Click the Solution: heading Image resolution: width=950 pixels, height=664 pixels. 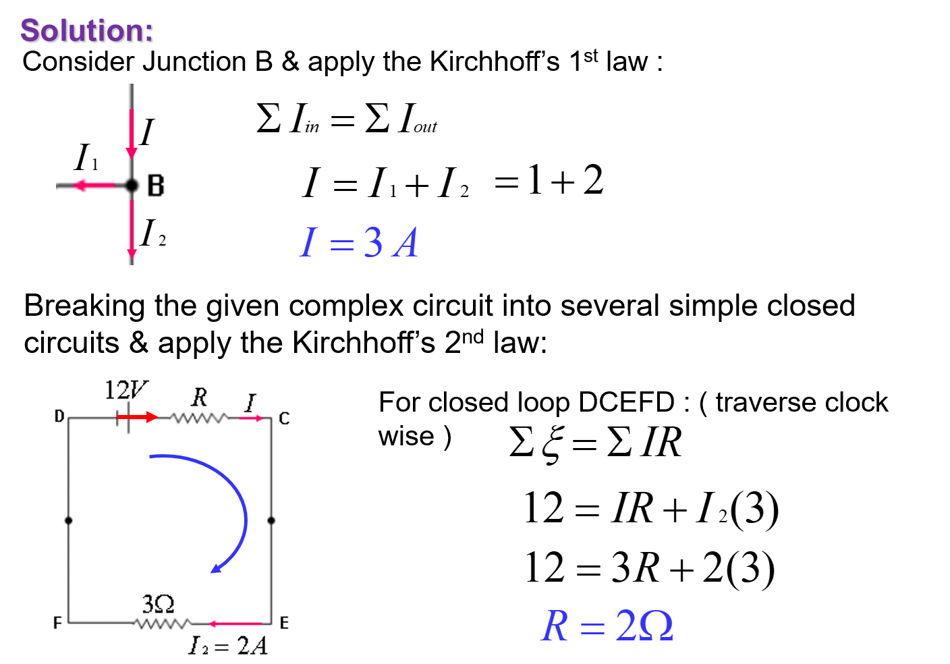pyautogui.click(x=88, y=31)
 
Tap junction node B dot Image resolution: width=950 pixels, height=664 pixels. pyautogui.click(x=132, y=186)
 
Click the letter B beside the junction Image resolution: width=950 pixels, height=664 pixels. pyautogui.click(x=156, y=186)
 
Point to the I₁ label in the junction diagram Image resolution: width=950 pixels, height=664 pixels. pyautogui.click(x=86, y=159)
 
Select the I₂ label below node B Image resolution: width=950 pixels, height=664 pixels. pyautogui.click(x=152, y=233)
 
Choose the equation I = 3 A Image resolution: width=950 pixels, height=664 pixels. pyautogui.click(x=359, y=242)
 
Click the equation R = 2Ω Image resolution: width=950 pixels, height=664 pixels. pyautogui.click(x=607, y=626)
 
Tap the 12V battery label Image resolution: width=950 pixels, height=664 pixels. pyautogui.click(x=125, y=389)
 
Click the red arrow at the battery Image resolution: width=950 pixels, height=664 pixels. pyautogui.click(x=138, y=417)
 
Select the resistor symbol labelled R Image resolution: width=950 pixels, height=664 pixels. pyautogui.click(x=198, y=418)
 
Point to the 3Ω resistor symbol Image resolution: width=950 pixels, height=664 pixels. pyautogui.click(x=163, y=624)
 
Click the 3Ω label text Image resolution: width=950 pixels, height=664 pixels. pyautogui.click(x=158, y=603)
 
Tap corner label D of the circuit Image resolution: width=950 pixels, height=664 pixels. pyautogui.click(x=59, y=416)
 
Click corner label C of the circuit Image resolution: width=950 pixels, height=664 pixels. pyautogui.click(x=284, y=418)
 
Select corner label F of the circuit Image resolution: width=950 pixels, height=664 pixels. pyautogui.click(x=58, y=622)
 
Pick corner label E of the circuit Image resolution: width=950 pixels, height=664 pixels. pyautogui.click(x=284, y=622)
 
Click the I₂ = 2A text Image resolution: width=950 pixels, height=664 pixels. pyautogui.click(x=228, y=646)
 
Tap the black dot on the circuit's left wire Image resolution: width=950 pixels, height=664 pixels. pyautogui.click(x=68, y=520)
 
